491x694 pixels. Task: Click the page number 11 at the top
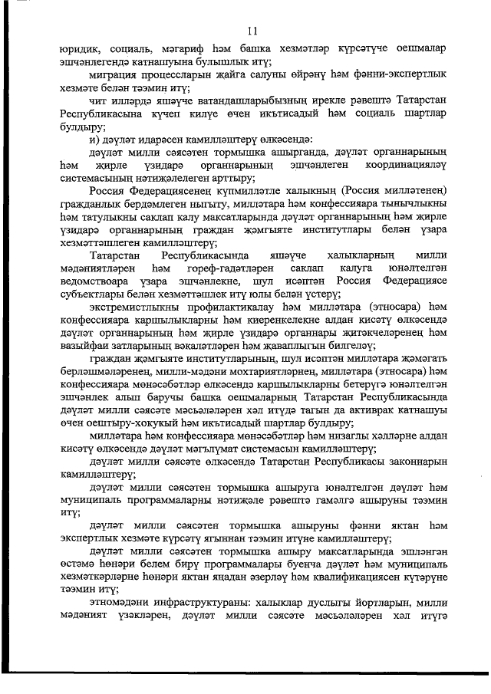[252, 31]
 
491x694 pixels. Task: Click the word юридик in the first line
[81, 49]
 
